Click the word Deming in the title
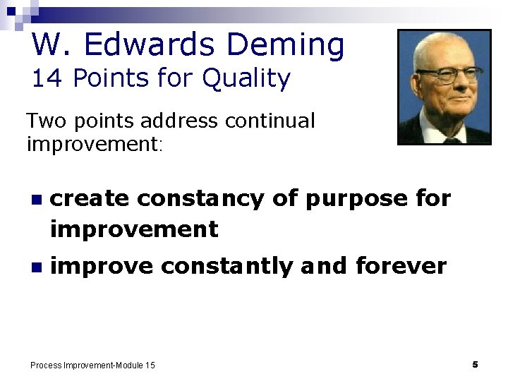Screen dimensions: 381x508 (x=286, y=45)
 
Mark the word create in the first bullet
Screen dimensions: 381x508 (x=90, y=199)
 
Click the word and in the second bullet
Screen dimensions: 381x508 (x=324, y=266)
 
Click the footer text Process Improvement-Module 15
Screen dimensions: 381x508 (x=93, y=365)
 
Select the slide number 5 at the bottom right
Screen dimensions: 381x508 (x=475, y=364)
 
